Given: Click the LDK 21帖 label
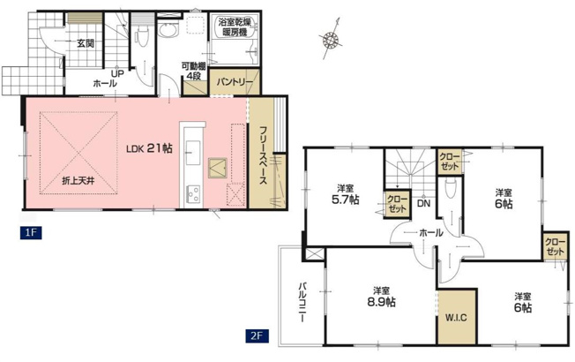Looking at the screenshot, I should [148, 148].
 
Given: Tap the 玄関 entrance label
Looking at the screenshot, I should [85, 41].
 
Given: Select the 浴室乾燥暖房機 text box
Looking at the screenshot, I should [234, 26].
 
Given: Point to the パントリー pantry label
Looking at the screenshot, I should [235, 83].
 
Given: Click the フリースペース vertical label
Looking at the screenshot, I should [263, 155].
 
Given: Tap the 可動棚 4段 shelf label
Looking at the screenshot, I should [193, 72].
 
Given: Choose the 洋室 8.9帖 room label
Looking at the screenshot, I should [381, 295].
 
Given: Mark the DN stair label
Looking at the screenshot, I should [423, 204].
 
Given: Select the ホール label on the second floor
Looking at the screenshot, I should [430, 233].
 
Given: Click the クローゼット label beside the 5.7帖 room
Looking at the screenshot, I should [395, 204].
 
